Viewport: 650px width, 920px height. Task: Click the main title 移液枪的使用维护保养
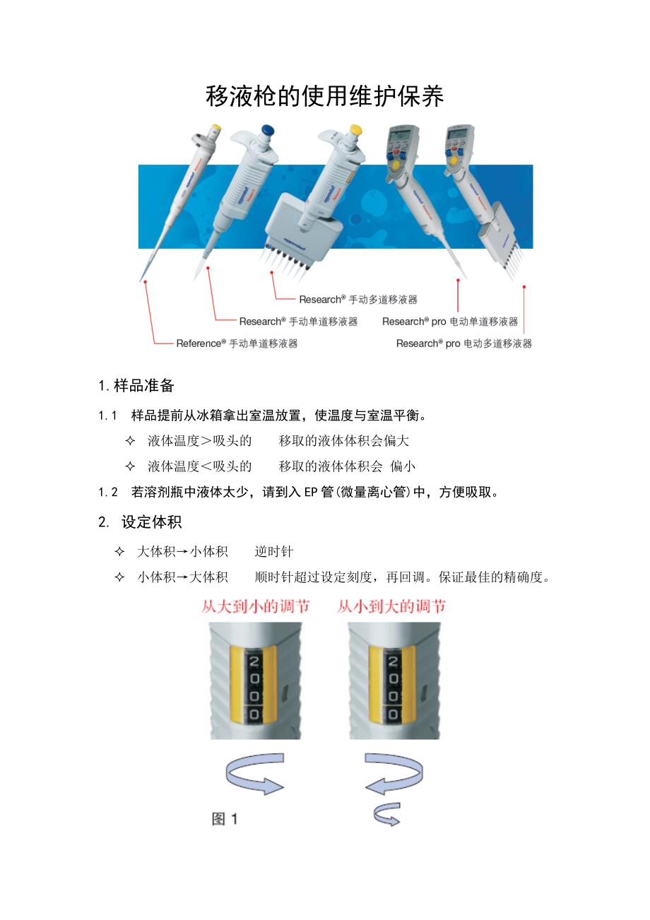324,96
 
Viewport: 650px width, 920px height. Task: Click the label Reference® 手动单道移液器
237,343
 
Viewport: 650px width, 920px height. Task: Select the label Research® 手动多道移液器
358,300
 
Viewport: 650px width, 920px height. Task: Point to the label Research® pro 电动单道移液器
450,322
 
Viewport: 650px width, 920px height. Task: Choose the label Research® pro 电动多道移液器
464,343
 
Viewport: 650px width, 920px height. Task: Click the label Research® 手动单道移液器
299,322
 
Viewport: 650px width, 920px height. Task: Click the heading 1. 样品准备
136,386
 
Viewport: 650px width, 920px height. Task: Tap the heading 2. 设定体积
140,522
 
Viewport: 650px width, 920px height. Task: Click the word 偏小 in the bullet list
403,466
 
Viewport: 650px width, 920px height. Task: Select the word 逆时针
274,552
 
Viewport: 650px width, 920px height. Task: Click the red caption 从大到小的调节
255,607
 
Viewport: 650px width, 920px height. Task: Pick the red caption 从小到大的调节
391,607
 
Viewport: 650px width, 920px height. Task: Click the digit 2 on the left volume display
254,661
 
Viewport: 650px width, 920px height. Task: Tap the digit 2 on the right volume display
393,661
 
